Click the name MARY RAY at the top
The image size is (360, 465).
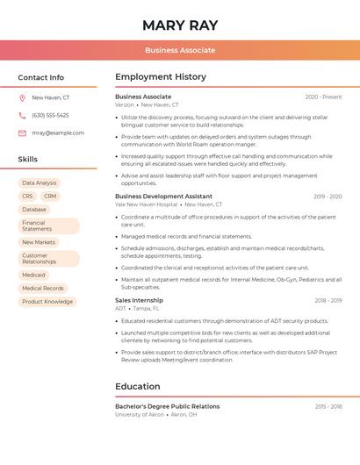tap(180, 25)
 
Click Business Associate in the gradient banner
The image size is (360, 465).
tap(180, 50)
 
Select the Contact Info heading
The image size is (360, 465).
tap(41, 77)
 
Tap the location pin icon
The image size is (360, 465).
tap(22, 97)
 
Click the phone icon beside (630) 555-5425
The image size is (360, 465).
tap(22, 115)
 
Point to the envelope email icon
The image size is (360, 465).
tap(22, 132)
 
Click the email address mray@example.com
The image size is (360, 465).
tap(58, 132)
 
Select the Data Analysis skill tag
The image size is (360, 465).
tap(39, 183)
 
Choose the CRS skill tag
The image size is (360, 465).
tap(27, 197)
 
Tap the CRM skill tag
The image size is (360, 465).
tap(50, 197)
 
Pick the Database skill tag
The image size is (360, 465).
tap(34, 210)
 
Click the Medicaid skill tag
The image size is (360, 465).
tap(33, 275)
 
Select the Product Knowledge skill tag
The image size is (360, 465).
tap(47, 301)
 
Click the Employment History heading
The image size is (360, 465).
tap(161, 77)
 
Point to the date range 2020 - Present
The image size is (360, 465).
tap(323, 97)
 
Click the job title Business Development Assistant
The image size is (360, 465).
tap(163, 197)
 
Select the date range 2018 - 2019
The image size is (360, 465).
tap(328, 300)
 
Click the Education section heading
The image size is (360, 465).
tap(138, 386)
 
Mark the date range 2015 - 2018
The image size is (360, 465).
tap(328, 406)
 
